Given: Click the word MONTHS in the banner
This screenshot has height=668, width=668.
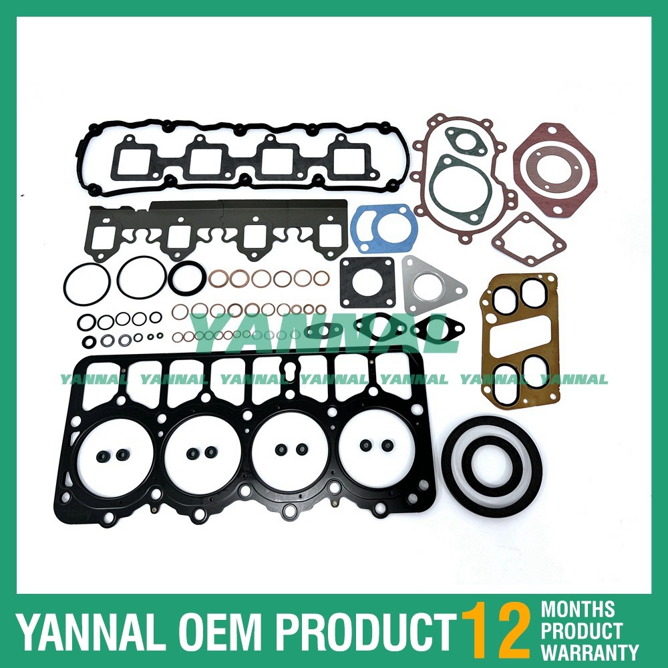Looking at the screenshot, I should pos(578,609).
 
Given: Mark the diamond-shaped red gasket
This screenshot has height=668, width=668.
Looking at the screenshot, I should pos(528,239).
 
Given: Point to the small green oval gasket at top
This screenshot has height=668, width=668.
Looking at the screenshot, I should pos(466,141).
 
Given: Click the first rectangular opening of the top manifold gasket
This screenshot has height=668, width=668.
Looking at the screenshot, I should pos(136,158).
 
